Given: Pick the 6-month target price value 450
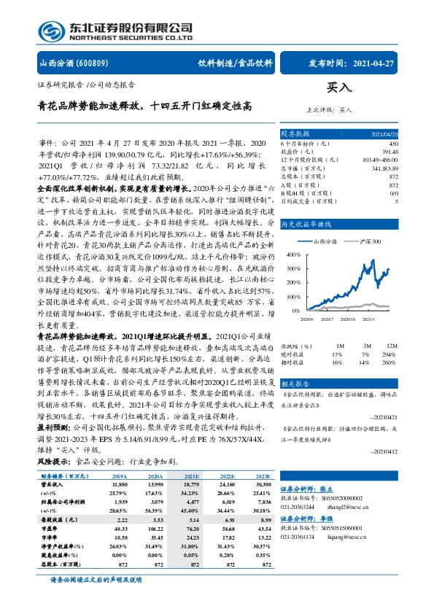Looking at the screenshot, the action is tap(394, 144).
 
